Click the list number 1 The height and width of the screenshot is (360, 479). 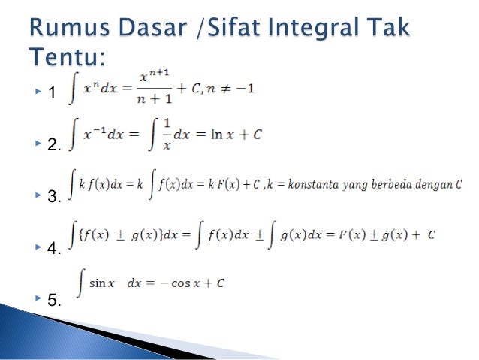(x=51, y=94)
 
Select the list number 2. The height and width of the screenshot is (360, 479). (x=53, y=146)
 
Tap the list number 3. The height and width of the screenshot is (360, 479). (x=53, y=198)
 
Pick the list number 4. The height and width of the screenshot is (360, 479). (x=53, y=250)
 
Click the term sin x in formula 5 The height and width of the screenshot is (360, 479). (x=101, y=283)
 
